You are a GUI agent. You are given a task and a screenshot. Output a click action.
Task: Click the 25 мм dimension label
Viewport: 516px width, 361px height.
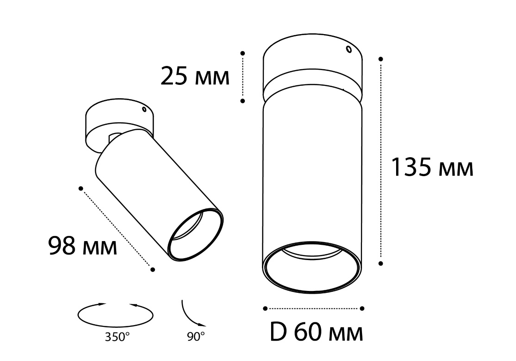195,76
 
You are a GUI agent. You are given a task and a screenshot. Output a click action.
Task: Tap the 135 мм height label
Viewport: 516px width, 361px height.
432,167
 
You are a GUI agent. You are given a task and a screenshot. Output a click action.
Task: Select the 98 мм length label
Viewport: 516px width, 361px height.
82,245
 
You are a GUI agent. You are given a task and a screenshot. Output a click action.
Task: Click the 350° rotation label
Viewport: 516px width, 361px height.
117,337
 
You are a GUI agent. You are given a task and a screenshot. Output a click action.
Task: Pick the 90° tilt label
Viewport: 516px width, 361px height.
196,336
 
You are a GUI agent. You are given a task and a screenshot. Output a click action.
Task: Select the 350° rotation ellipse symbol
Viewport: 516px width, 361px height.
115,315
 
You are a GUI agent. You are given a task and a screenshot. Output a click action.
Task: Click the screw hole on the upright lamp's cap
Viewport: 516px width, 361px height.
349,49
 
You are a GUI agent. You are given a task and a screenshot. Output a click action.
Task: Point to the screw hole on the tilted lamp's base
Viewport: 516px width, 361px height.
144,109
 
